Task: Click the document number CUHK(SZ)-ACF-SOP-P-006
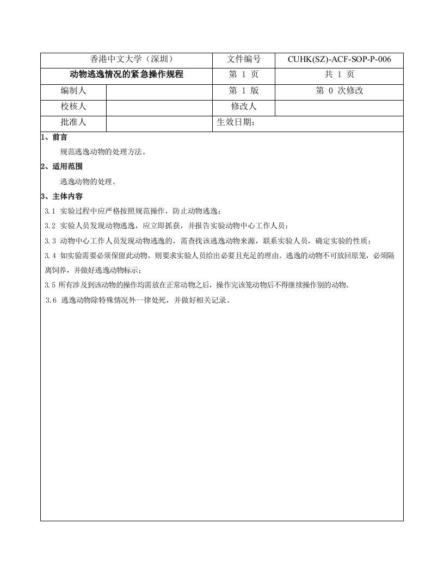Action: [x=339, y=60]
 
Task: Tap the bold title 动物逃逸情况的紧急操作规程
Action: [x=127, y=75]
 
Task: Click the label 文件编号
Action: [x=244, y=60]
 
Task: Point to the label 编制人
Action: [x=73, y=91]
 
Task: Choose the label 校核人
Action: [x=73, y=107]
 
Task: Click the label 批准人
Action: [x=73, y=122]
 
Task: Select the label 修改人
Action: [x=244, y=107]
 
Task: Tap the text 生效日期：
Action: [x=236, y=122]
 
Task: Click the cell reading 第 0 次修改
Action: [x=339, y=91]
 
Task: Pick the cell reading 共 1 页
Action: [x=339, y=75]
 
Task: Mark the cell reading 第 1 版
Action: [x=244, y=91]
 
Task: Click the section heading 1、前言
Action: [x=54, y=138]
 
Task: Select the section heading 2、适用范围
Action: [x=61, y=166]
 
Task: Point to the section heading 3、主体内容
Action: [x=61, y=196]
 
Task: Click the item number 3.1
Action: [x=50, y=211]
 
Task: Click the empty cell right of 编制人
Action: [x=159, y=91]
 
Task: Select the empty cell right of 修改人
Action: [x=339, y=107]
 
